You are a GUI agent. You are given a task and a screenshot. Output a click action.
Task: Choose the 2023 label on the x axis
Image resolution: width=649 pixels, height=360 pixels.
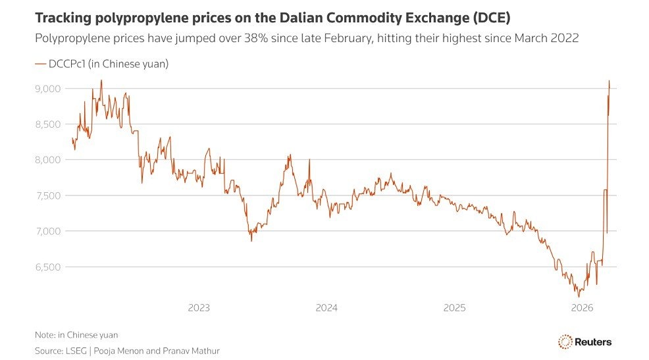pos(199,307)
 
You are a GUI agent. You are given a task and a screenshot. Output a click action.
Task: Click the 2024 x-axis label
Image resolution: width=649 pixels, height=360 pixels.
pos(326,307)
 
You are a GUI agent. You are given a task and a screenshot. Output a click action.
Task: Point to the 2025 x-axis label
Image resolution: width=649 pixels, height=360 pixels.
pos(454,307)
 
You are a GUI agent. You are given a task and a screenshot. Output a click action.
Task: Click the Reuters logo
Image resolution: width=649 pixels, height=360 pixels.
pos(585,342)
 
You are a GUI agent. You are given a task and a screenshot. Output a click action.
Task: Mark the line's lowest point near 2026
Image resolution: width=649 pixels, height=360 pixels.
pos(579,297)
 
